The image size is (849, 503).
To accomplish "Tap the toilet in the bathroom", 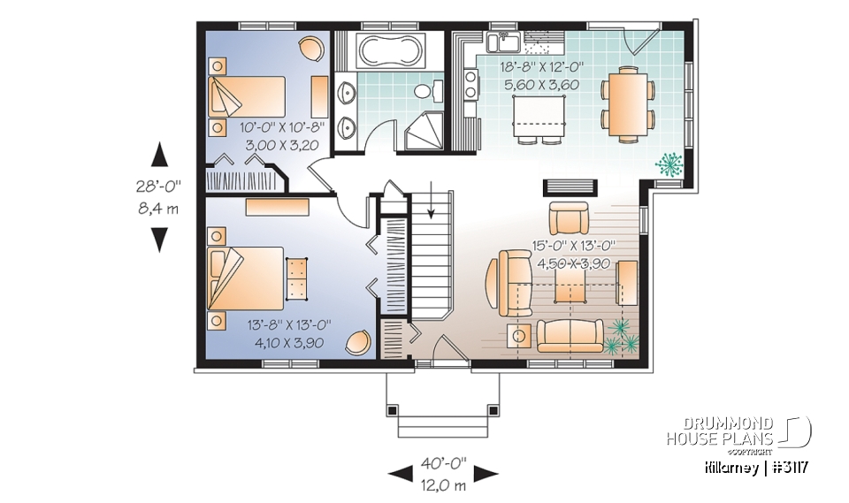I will [x=426, y=91].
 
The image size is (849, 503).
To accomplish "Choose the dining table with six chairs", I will [x=629, y=102].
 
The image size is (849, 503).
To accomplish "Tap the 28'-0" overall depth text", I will [x=159, y=187].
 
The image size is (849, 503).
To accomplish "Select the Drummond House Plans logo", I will [x=738, y=431].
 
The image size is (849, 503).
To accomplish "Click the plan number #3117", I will [x=791, y=466].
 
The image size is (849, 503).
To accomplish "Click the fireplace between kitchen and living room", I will [x=559, y=186].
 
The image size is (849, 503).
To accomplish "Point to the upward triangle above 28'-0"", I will [x=159, y=155].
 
